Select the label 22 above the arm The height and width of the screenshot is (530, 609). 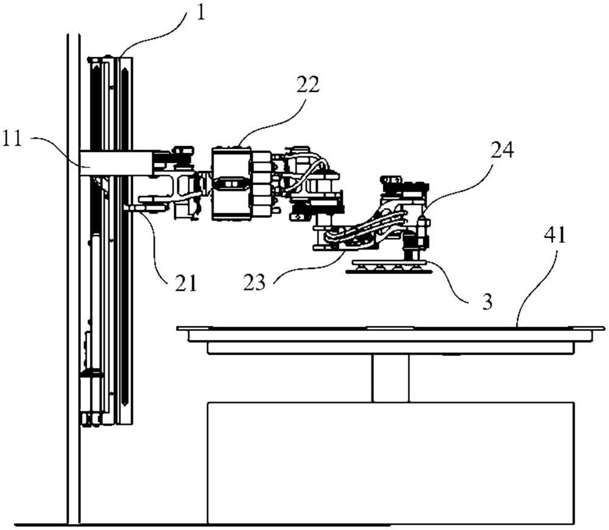[308, 84]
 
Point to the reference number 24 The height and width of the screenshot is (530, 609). [502, 150]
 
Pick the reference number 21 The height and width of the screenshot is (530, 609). [186, 284]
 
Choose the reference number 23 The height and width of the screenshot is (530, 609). [255, 283]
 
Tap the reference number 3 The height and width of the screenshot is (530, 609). [487, 301]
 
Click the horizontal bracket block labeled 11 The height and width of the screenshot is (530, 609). [116, 163]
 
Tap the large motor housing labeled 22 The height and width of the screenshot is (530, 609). [231, 183]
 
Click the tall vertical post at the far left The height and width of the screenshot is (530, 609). [74, 279]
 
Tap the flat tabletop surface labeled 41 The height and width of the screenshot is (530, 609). [391, 329]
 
